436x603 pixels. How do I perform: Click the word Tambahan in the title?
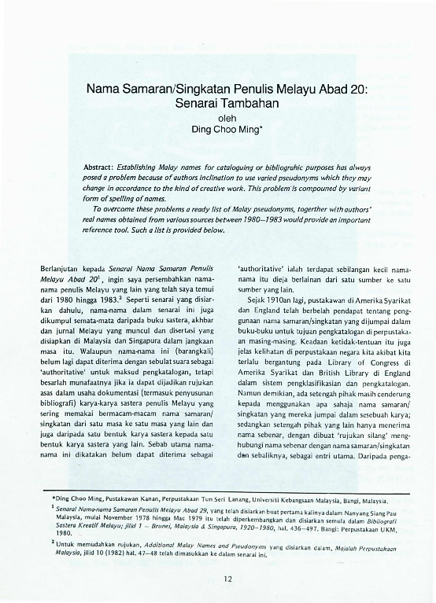[x=253, y=103]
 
